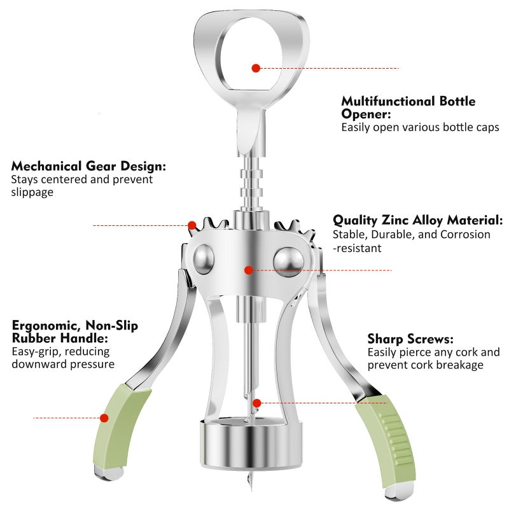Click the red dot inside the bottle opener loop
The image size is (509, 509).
(256, 68)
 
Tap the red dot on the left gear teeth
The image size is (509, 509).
(192, 225)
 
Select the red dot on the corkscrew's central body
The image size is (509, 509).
(249, 270)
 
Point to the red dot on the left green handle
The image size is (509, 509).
(104, 418)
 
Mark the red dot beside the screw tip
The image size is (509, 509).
(257, 403)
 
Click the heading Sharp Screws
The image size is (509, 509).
(410, 339)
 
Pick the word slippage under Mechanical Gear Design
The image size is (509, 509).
(32, 192)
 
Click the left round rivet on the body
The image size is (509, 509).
(204, 260)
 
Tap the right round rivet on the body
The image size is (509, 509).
(288, 262)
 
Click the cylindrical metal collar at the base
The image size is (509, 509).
(251, 443)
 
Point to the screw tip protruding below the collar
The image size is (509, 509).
(249, 481)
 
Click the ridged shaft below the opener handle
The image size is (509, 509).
(251, 183)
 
